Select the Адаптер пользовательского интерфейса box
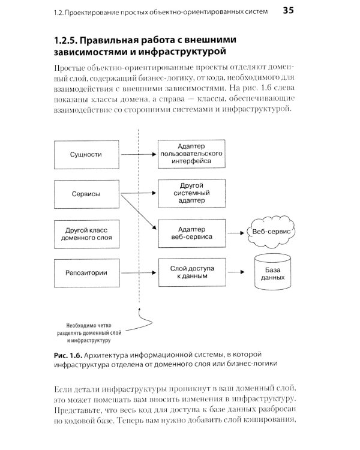pyautogui.click(x=192, y=154)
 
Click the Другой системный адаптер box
pyautogui.click(x=192, y=194)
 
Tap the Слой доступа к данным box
pyautogui.click(x=192, y=273)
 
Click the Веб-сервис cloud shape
pyautogui.click(x=271, y=231)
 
